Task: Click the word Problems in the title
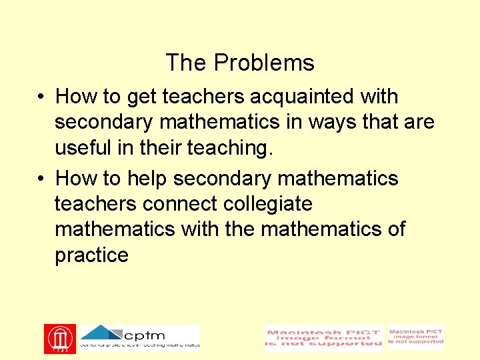point(264,63)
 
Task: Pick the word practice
point(91,255)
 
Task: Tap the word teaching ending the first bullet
point(228,148)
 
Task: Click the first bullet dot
point(41,97)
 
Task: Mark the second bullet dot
point(41,179)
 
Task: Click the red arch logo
point(60,338)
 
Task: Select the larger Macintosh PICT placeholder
point(324,339)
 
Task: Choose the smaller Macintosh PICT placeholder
point(416,337)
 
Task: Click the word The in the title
point(186,63)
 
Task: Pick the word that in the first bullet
point(381,123)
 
